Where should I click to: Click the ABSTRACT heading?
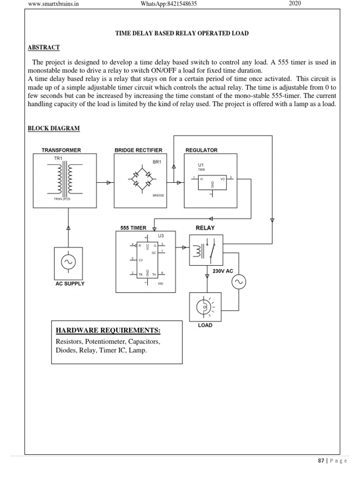click(x=44, y=47)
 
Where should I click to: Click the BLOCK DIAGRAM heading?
click(x=53, y=128)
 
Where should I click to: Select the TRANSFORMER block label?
click(x=61, y=150)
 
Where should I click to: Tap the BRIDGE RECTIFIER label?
click(x=138, y=150)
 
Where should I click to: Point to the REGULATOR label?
click(x=202, y=150)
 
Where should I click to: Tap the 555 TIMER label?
click(x=133, y=228)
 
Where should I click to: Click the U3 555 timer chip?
click(x=148, y=261)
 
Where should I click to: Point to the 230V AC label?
click(x=223, y=271)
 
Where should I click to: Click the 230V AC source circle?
click(x=236, y=282)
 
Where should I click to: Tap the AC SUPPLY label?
click(x=70, y=284)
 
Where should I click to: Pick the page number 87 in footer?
click(x=321, y=461)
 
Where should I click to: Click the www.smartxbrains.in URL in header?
click(x=53, y=4)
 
